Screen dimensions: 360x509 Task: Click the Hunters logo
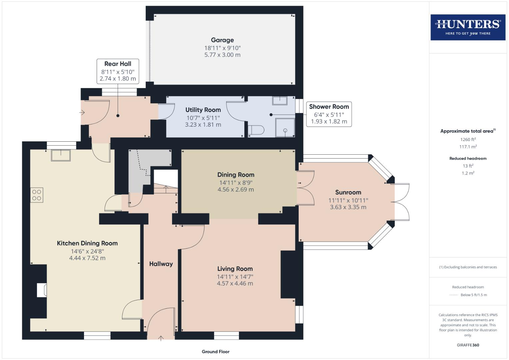click(468, 27)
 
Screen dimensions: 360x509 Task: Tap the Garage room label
click(222, 40)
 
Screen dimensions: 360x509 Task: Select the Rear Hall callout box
click(118, 71)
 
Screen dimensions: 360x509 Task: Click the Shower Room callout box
click(329, 114)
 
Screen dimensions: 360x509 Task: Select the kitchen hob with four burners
click(37, 195)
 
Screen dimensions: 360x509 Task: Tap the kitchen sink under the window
click(61, 155)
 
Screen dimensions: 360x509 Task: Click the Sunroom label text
click(348, 192)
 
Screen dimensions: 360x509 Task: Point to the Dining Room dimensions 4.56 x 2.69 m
click(236, 190)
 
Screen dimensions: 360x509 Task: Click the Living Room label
click(235, 269)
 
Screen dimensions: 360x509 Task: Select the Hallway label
click(161, 264)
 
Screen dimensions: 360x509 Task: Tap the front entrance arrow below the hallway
click(161, 339)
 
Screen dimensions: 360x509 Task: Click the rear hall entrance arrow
click(82, 113)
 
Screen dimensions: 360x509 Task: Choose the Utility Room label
click(203, 110)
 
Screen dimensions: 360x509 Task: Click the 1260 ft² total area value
click(468, 140)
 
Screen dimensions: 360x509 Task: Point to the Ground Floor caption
click(215, 352)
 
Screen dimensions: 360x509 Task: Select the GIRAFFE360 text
click(468, 345)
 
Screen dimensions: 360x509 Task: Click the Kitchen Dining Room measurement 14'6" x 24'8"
click(87, 251)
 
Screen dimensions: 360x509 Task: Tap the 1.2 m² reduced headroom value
click(468, 173)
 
